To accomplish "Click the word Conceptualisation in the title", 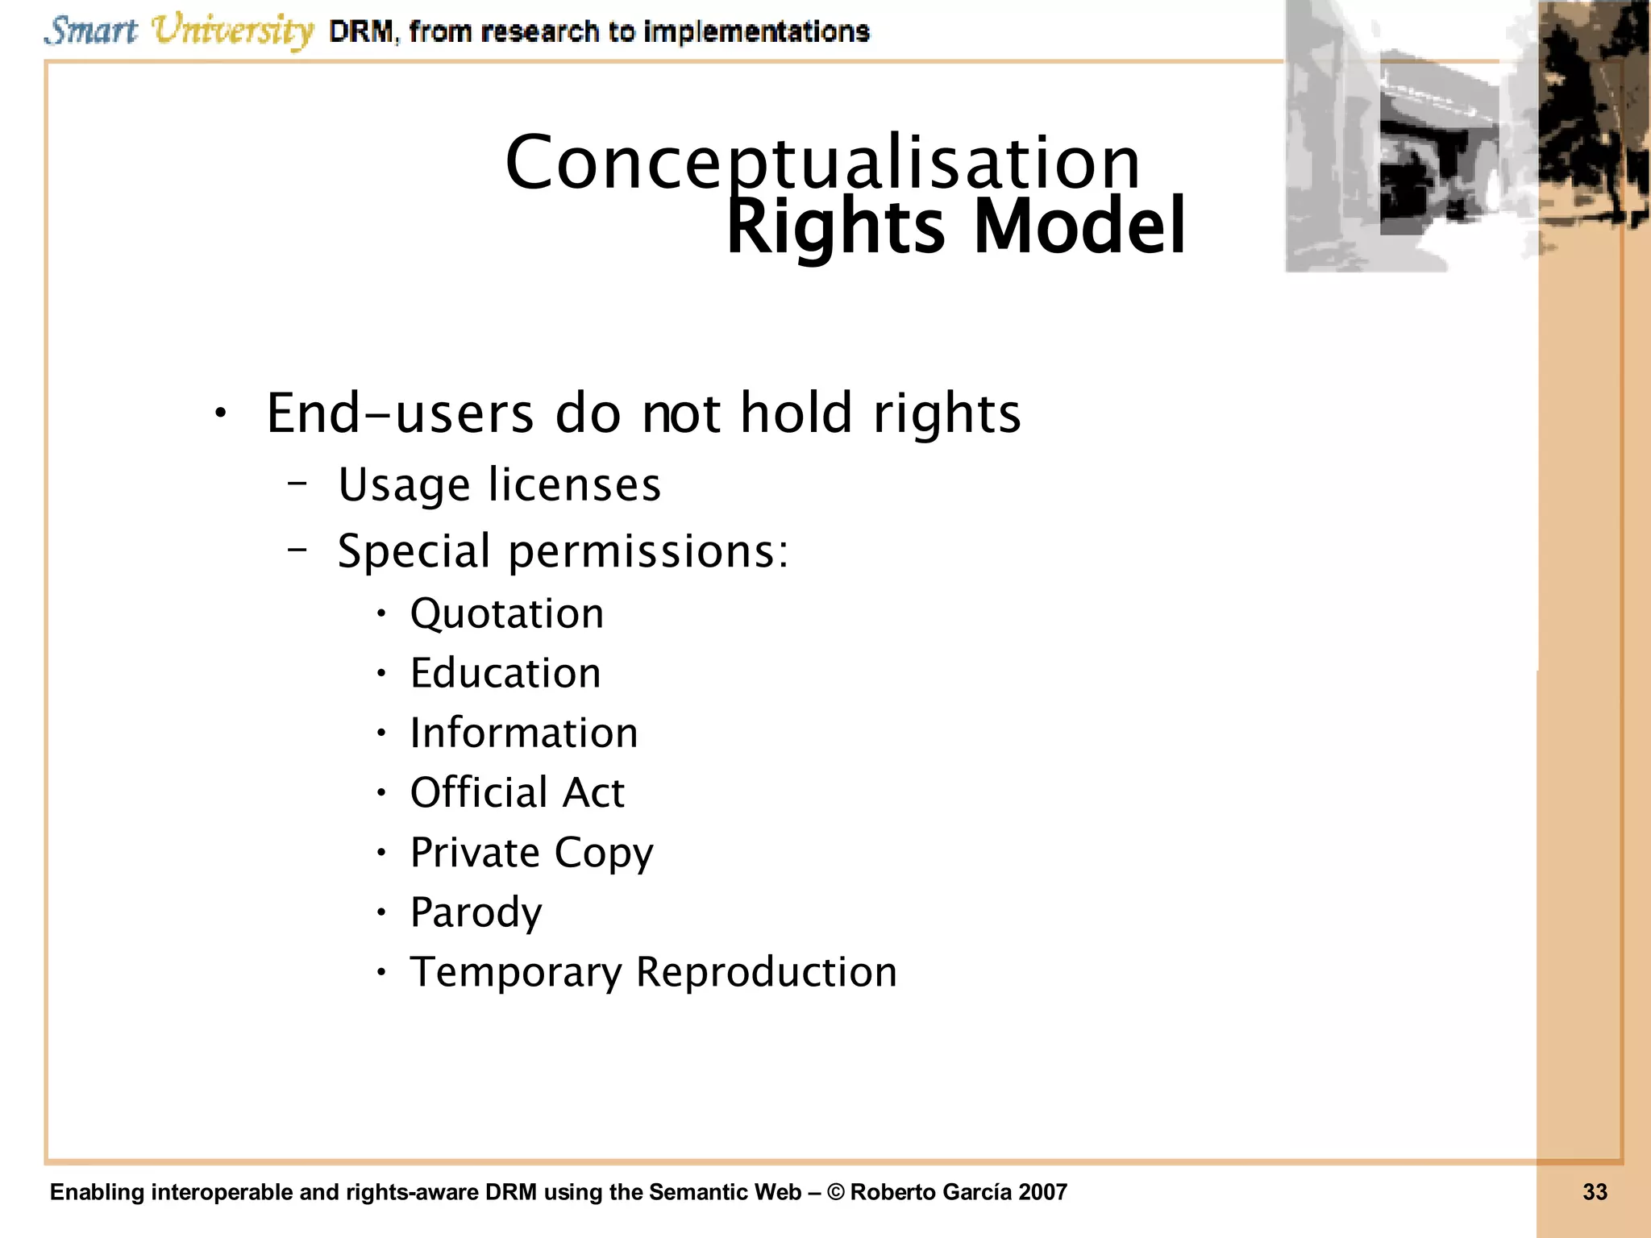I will pos(822,164).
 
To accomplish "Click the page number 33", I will pos(1595,1192).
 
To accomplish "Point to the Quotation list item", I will pos(506,614).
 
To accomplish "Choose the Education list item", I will pos(505,674).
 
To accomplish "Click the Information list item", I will pos(523,733).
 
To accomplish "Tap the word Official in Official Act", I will pos(479,793).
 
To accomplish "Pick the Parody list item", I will pos(476,913).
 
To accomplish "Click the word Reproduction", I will pos(766,973).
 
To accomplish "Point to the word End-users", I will pos(400,414).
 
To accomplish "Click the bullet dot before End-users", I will pos(220,414).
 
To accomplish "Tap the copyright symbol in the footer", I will pos(836,1192).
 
